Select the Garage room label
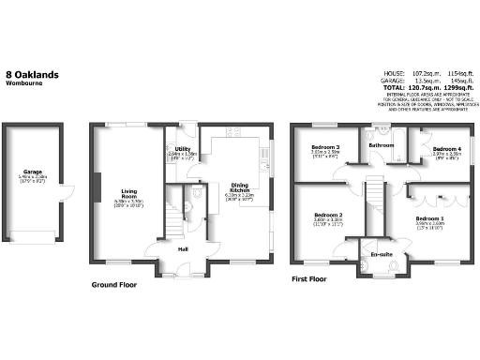33,172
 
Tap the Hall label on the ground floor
184,248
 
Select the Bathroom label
381,146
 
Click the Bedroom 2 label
327,217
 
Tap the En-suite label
381,253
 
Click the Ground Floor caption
116,283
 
